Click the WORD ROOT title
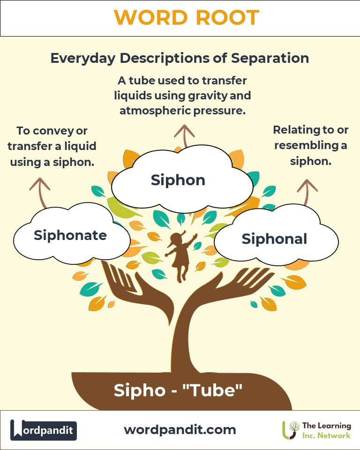tap(187, 18)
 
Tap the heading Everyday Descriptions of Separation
tap(180, 58)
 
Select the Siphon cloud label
tap(178, 180)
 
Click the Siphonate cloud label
tap(70, 235)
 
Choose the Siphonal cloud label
tap(274, 239)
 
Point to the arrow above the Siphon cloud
tap(184, 136)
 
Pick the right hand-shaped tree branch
tap(227, 290)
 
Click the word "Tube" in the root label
tap(212, 390)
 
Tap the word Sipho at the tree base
tap(140, 390)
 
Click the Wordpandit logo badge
tap(44, 430)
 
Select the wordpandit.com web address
tap(180, 430)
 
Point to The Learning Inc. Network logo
tap(317, 430)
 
